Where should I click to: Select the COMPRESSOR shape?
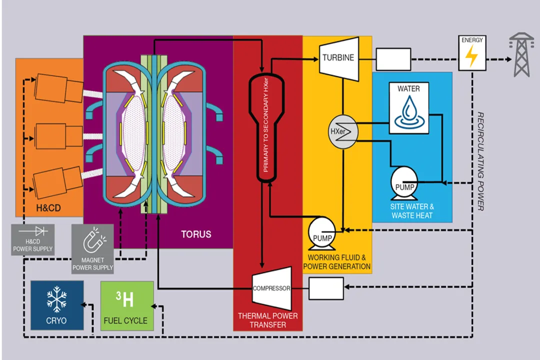pyautogui.click(x=271, y=288)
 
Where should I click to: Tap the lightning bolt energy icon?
pyautogui.click(x=471, y=56)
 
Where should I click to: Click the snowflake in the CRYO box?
pyautogui.click(x=56, y=299)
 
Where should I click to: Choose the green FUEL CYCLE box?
pyautogui.click(x=125, y=305)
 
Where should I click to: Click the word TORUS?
pyautogui.click(x=196, y=234)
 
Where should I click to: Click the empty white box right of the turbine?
pyautogui.click(x=393, y=59)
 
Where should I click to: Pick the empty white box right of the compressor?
pyautogui.click(x=326, y=288)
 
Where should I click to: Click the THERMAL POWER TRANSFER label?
pyautogui.click(x=267, y=320)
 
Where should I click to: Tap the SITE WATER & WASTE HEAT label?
pyautogui.click(x=412, y=211)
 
